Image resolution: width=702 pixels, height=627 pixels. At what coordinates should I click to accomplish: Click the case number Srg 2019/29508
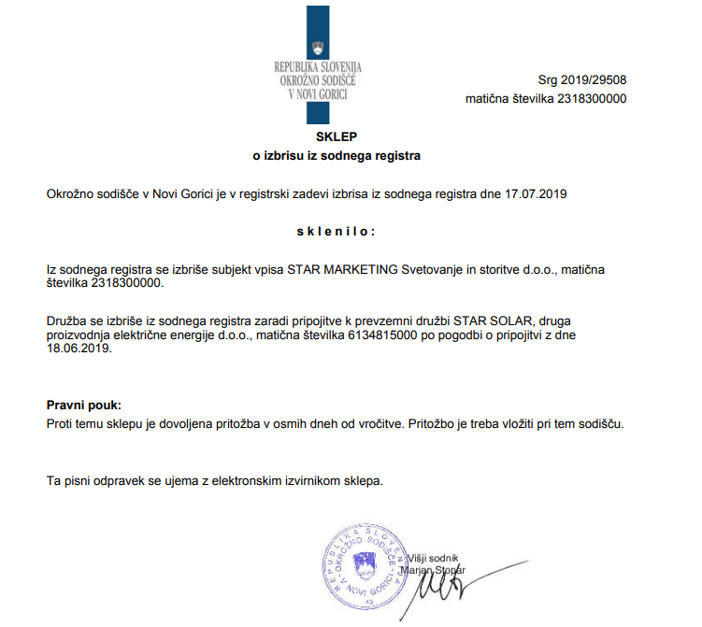tap(582, 81)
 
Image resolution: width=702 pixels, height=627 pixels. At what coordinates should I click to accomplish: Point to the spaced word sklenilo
tap(337, 231)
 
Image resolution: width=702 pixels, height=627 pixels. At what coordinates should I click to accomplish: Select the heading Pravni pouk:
tap(84, 406)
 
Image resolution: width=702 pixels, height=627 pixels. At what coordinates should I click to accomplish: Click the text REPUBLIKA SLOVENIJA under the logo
tap(318, 67)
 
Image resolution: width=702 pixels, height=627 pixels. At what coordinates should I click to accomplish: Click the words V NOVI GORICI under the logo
tap(318, 93)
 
